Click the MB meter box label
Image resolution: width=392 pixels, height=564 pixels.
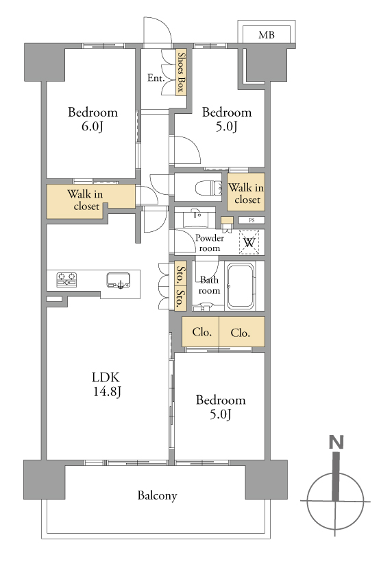point(266,35)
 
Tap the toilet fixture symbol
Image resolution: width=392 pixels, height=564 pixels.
point(209,188)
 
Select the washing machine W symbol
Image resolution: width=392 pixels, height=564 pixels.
point(249,242)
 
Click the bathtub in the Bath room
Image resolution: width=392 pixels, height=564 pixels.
point(241,286)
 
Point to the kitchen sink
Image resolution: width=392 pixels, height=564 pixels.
point(118,280)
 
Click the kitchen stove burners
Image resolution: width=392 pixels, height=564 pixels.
point(66,279)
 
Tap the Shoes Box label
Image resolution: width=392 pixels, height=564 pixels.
point(182,72)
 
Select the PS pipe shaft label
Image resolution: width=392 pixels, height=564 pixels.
point(252,220)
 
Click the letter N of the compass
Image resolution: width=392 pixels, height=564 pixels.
point(336,442)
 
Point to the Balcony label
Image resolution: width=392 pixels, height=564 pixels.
point(157,495)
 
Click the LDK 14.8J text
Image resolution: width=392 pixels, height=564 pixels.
point(106,384)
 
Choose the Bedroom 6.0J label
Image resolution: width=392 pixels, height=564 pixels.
point(93,119)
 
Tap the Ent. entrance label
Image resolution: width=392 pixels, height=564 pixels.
point(156,78)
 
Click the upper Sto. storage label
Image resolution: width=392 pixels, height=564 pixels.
point(181,274)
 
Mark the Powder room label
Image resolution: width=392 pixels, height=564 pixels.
point(210,243)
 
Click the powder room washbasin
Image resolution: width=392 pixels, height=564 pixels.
point(195,218)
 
